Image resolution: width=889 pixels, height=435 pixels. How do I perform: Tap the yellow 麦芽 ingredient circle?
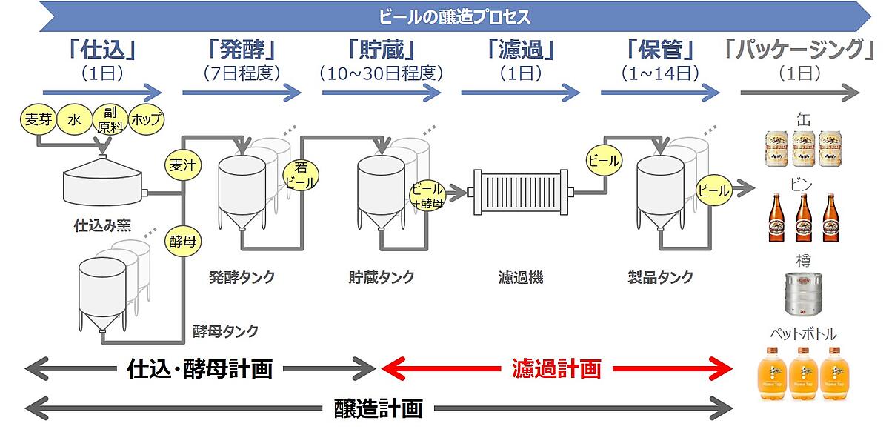[38, 120]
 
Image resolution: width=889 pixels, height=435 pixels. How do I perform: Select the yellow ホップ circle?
[146, 119]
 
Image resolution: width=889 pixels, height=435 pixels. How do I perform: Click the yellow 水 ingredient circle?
[75, 120]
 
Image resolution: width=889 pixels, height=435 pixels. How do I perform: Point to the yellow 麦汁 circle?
[182, 165]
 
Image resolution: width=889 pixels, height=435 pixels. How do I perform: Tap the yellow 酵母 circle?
[182, 242]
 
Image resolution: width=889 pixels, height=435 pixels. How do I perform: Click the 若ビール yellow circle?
[301, 176]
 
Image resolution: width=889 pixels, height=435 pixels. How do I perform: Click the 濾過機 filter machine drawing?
[522, 194]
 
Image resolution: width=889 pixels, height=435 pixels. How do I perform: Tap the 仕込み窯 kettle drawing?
[102, 184]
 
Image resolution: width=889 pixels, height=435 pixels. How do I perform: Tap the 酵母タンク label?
[225, 331]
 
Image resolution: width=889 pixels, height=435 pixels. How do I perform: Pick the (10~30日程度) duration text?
[382, 73]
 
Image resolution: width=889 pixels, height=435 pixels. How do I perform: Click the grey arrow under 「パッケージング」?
[800, 93]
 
